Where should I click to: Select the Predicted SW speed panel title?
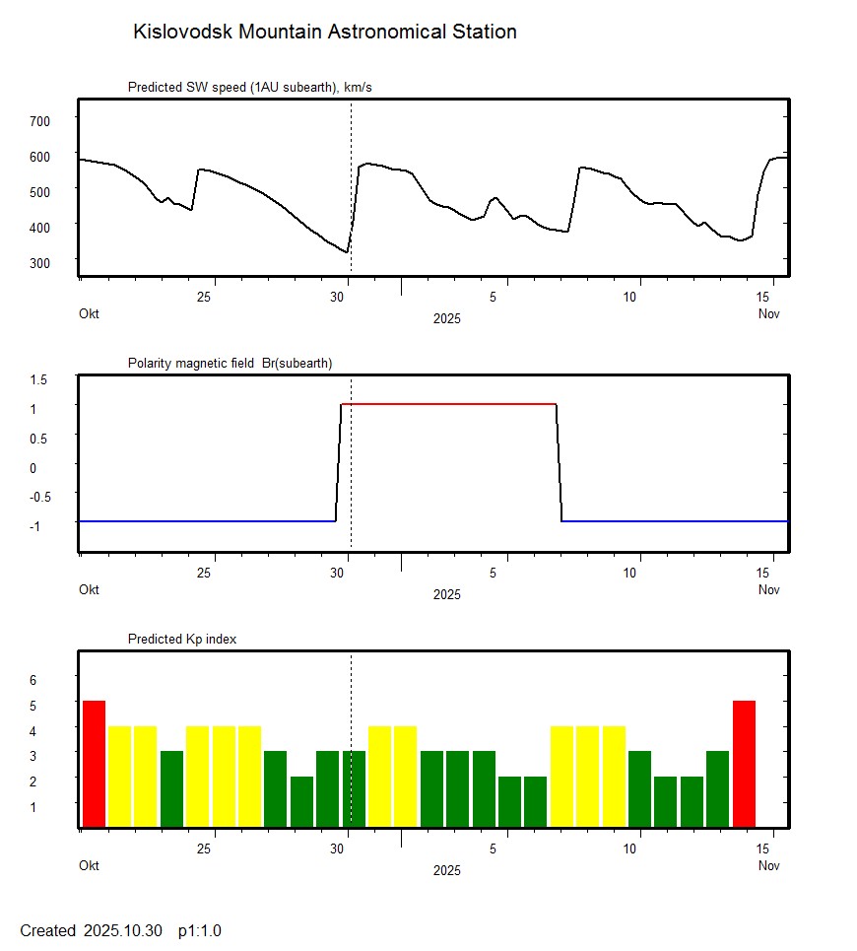pyautogui.click(x=249, y=88)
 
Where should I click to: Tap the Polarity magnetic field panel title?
pyautogui.click(x=230, y=364)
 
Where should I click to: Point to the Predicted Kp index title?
pyautogui.click(x=182, y=640)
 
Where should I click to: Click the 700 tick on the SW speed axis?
pyautogui.click(x=40, y=120)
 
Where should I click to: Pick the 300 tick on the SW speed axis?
pyautogui.click(x=40, y=262)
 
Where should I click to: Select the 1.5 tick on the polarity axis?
pyautogui.click(x=39, y=379)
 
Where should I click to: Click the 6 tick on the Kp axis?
pyautogui.click(x=33, y=680)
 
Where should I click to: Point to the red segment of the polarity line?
pyautogui.click(x=448, y=404)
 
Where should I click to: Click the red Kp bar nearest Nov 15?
pyautogui.click(x=744, y=764)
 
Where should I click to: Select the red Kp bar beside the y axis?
pyautogui.click(x=94, y=764)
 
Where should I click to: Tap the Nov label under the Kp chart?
pyautogui.click(x=769, y=866)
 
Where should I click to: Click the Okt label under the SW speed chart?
pyautogui.click(x=90, y=314)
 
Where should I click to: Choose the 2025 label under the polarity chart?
pyautogui.click(x=446, y=595)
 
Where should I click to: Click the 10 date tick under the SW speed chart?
pyautogui.click(x=635, y=297)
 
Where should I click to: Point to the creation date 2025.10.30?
pyautogui.click(x=122, y=931)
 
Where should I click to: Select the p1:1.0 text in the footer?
pyautogui.click(x=200, y=931)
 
